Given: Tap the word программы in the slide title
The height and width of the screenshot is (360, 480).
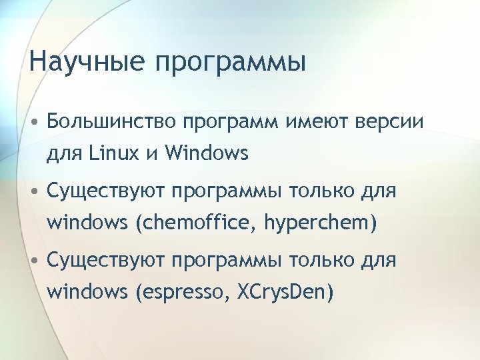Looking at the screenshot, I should [x=231, y=64].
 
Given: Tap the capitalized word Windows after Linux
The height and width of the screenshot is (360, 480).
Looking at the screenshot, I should [x=206, y=155].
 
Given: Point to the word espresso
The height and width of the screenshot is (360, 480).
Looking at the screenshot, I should [x=181, y=292].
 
